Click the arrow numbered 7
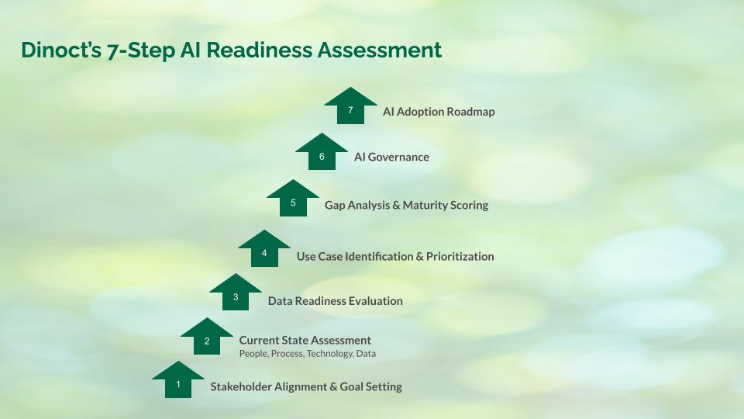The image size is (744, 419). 350,106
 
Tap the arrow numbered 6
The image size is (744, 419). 321,153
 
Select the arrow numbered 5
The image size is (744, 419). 293,199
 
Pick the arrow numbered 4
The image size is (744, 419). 263,249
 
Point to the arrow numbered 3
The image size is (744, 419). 236,293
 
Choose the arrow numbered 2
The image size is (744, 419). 207,338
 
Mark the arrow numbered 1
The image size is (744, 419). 178,380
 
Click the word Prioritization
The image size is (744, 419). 460,257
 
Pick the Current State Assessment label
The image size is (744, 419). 305,341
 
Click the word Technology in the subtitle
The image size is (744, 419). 330,354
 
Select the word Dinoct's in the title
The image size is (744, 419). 61,50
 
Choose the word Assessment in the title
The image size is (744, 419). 380,50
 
